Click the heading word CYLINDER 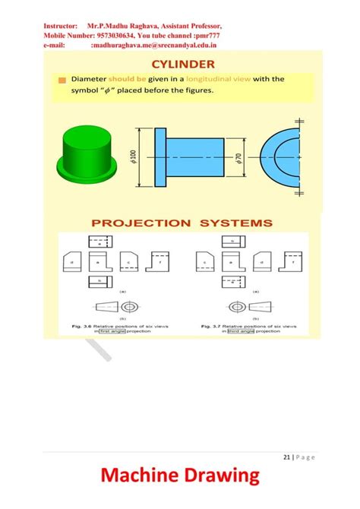pyautogui.click(x=183, y=64)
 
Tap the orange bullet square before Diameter pyautogui.click(x=62, y=80)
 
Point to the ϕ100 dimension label pyautogui.click(x=134, y=156)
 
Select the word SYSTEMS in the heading pyautogui.click(x=235, y=223)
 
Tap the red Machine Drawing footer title pyautogui.click(x=180, y=477)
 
